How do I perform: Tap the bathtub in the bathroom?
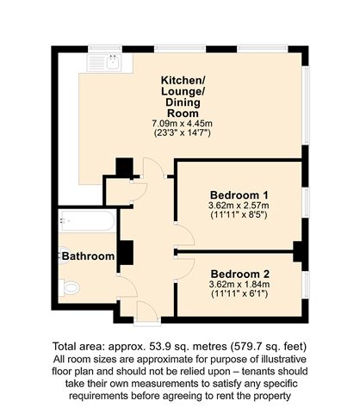pos(87,220)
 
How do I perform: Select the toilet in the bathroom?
pos(69,287)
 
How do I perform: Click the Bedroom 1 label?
pos(239,195)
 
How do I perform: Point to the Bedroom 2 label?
pos(240,274)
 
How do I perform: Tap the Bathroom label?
pos(88,256)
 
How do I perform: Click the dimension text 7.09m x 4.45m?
pos(182,124)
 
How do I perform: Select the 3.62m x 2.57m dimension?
pos(239,206)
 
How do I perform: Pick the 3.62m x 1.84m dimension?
pos(239,284)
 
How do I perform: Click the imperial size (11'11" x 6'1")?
pos(239,293)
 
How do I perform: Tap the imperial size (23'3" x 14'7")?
pos(183,133)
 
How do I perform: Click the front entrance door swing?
pos(147,311)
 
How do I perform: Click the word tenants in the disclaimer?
pos(257,372)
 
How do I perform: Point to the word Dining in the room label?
pos(183,102)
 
